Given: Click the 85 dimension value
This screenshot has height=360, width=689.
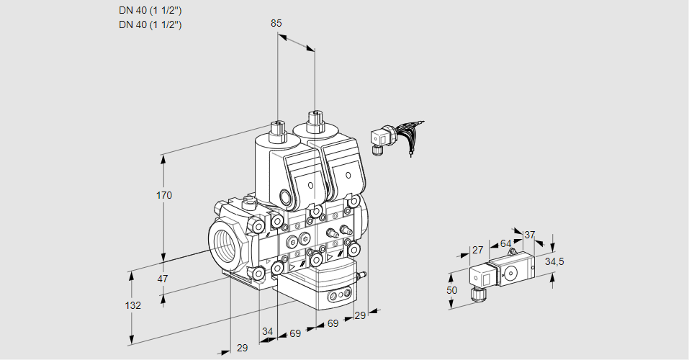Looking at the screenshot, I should pyautogui.click(x=276, y=23).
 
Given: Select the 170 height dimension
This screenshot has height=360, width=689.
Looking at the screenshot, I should pyautogui.click(x=164, y=195).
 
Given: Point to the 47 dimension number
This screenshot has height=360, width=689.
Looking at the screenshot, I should pyautogui.click(x=163, y=279).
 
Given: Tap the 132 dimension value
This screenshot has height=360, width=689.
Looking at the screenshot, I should pyautogui.click(x=133, y=305).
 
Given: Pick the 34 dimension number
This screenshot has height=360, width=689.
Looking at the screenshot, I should pyautogui.click(x=268, y=331).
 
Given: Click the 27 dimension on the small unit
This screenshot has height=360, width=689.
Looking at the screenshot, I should pyautogui.click(x=477, y=250).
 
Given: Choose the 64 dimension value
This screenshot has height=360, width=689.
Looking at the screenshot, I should pyautogui.click(x=505, y=243).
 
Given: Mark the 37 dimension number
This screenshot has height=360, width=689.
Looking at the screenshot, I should pyautogui.click(x=530, y=235).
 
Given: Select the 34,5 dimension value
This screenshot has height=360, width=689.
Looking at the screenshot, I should pyautogui.click(x=554, y=261).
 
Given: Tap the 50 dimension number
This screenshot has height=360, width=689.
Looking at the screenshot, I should pyautogui.click(x=451, y=290).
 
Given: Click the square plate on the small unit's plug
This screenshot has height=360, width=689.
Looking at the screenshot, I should pyautogui.click(x=487, y=276).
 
